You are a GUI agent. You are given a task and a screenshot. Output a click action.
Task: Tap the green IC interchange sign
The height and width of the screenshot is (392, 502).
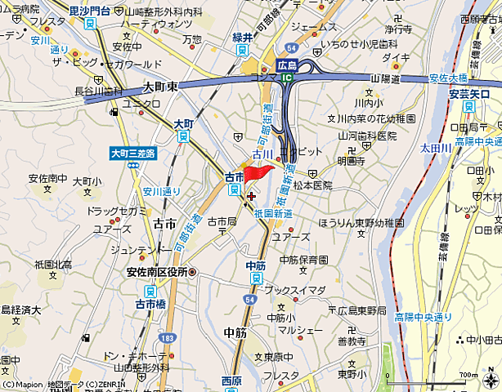[287, 78]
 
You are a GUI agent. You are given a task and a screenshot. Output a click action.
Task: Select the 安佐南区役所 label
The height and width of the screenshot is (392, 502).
[156, 272]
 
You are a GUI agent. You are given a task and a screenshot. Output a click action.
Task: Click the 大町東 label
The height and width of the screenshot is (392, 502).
[160, 86]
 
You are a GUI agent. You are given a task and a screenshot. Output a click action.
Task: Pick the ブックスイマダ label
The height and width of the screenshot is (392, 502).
[294, 290]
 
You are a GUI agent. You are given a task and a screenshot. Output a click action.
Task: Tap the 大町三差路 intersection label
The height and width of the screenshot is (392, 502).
[132, 153]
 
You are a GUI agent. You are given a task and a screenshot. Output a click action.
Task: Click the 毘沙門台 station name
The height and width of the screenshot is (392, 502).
[89, 9]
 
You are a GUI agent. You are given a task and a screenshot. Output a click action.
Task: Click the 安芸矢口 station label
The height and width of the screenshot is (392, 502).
[468, 94]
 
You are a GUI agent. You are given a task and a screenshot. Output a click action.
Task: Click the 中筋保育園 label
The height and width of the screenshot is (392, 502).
[303, 260]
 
